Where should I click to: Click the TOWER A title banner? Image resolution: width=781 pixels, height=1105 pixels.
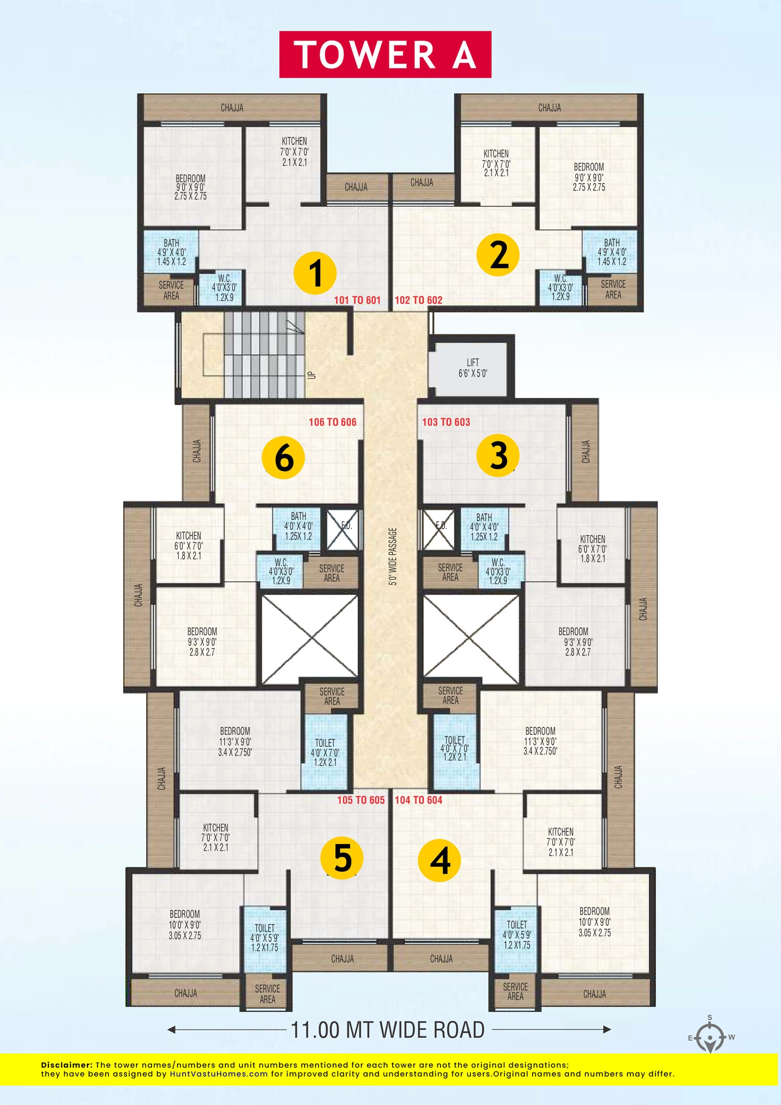click(x=385, y=55)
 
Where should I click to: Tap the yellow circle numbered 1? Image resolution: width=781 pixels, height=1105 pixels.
click(x=315, y=273)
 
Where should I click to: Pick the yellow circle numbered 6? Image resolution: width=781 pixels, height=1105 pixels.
click(x=283, y=457)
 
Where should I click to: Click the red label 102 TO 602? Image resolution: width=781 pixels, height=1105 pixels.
click(x=418, y=300)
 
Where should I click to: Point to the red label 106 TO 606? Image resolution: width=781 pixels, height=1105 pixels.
click(x=332, y=422)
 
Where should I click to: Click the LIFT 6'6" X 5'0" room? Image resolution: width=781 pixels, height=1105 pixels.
click(x=472, y=368)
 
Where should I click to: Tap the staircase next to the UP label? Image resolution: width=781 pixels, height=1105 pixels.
click(x=264, y=354)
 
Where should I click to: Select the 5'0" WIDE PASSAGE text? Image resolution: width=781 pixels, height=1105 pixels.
click(x=393, y=556)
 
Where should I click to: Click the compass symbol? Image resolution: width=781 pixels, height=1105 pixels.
click(x=710, y=1037)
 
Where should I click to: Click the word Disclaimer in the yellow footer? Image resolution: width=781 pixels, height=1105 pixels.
click(x=67, y=1065)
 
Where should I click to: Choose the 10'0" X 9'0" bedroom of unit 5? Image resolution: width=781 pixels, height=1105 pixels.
click(x=185, y=925)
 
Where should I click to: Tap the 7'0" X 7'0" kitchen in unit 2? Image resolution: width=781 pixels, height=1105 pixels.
click(x=496, y=163)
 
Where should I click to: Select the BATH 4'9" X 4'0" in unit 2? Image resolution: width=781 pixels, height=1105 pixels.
click(x=611, y=252)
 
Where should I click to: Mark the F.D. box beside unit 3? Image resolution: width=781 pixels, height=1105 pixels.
click(x=440, y=529)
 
